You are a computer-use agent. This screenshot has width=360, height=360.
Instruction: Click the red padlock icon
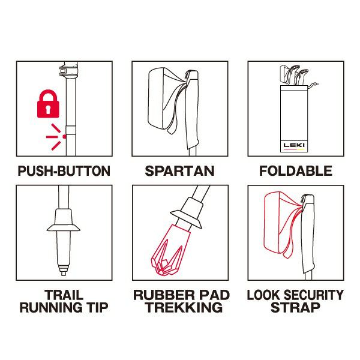coord(48,104)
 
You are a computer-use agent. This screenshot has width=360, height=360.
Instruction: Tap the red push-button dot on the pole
coord(65,137)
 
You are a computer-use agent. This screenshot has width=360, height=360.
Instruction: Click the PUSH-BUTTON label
coord(64,171)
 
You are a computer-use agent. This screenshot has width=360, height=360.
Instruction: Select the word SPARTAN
coord(180,171)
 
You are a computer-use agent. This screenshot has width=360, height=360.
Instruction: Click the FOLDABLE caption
coord(296,171)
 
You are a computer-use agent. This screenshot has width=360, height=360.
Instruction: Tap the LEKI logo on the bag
coord(294,145)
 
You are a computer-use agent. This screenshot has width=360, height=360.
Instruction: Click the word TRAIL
coord(64,295)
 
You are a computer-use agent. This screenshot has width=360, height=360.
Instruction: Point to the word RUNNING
coord(51,307)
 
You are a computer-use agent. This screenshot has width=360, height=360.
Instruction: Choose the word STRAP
coord(295,307)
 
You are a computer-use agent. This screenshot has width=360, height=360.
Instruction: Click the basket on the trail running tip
coord(64,228)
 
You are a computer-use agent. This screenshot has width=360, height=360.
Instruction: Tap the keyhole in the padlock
coord(48,109)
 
